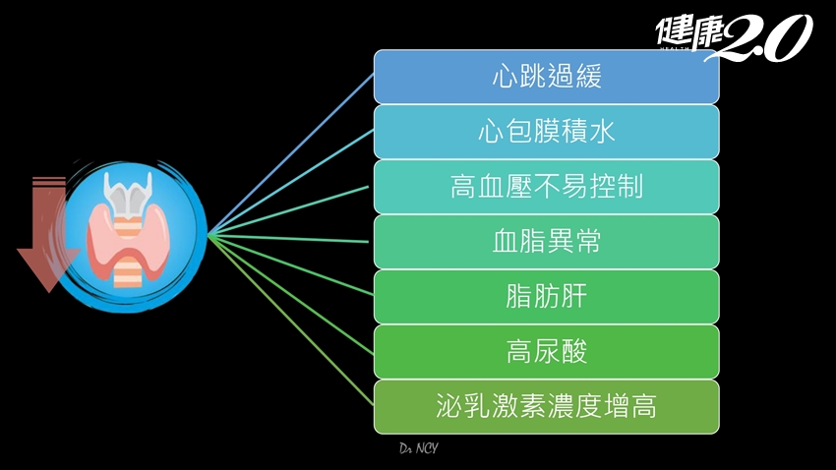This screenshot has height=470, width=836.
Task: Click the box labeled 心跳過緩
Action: point(546,77)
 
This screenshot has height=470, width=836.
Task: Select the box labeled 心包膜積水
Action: point(546,132)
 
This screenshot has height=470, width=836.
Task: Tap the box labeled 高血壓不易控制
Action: point(546,187)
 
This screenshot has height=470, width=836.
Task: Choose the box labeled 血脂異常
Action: point(546,242)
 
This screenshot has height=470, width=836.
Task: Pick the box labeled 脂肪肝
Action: point(546,297)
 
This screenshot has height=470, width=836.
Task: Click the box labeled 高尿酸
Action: point(546,351)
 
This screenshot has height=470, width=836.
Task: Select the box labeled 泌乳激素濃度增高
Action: point(546,406)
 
